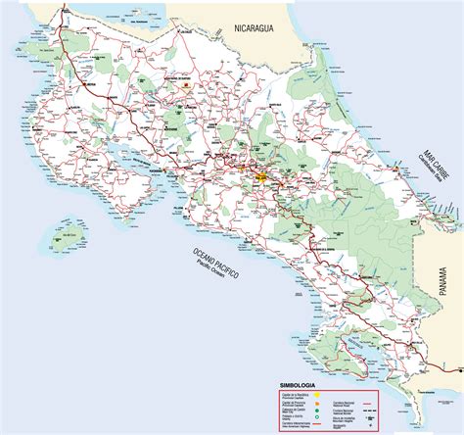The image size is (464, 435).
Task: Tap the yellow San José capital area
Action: pyautogui.click(x=262, y=177)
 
